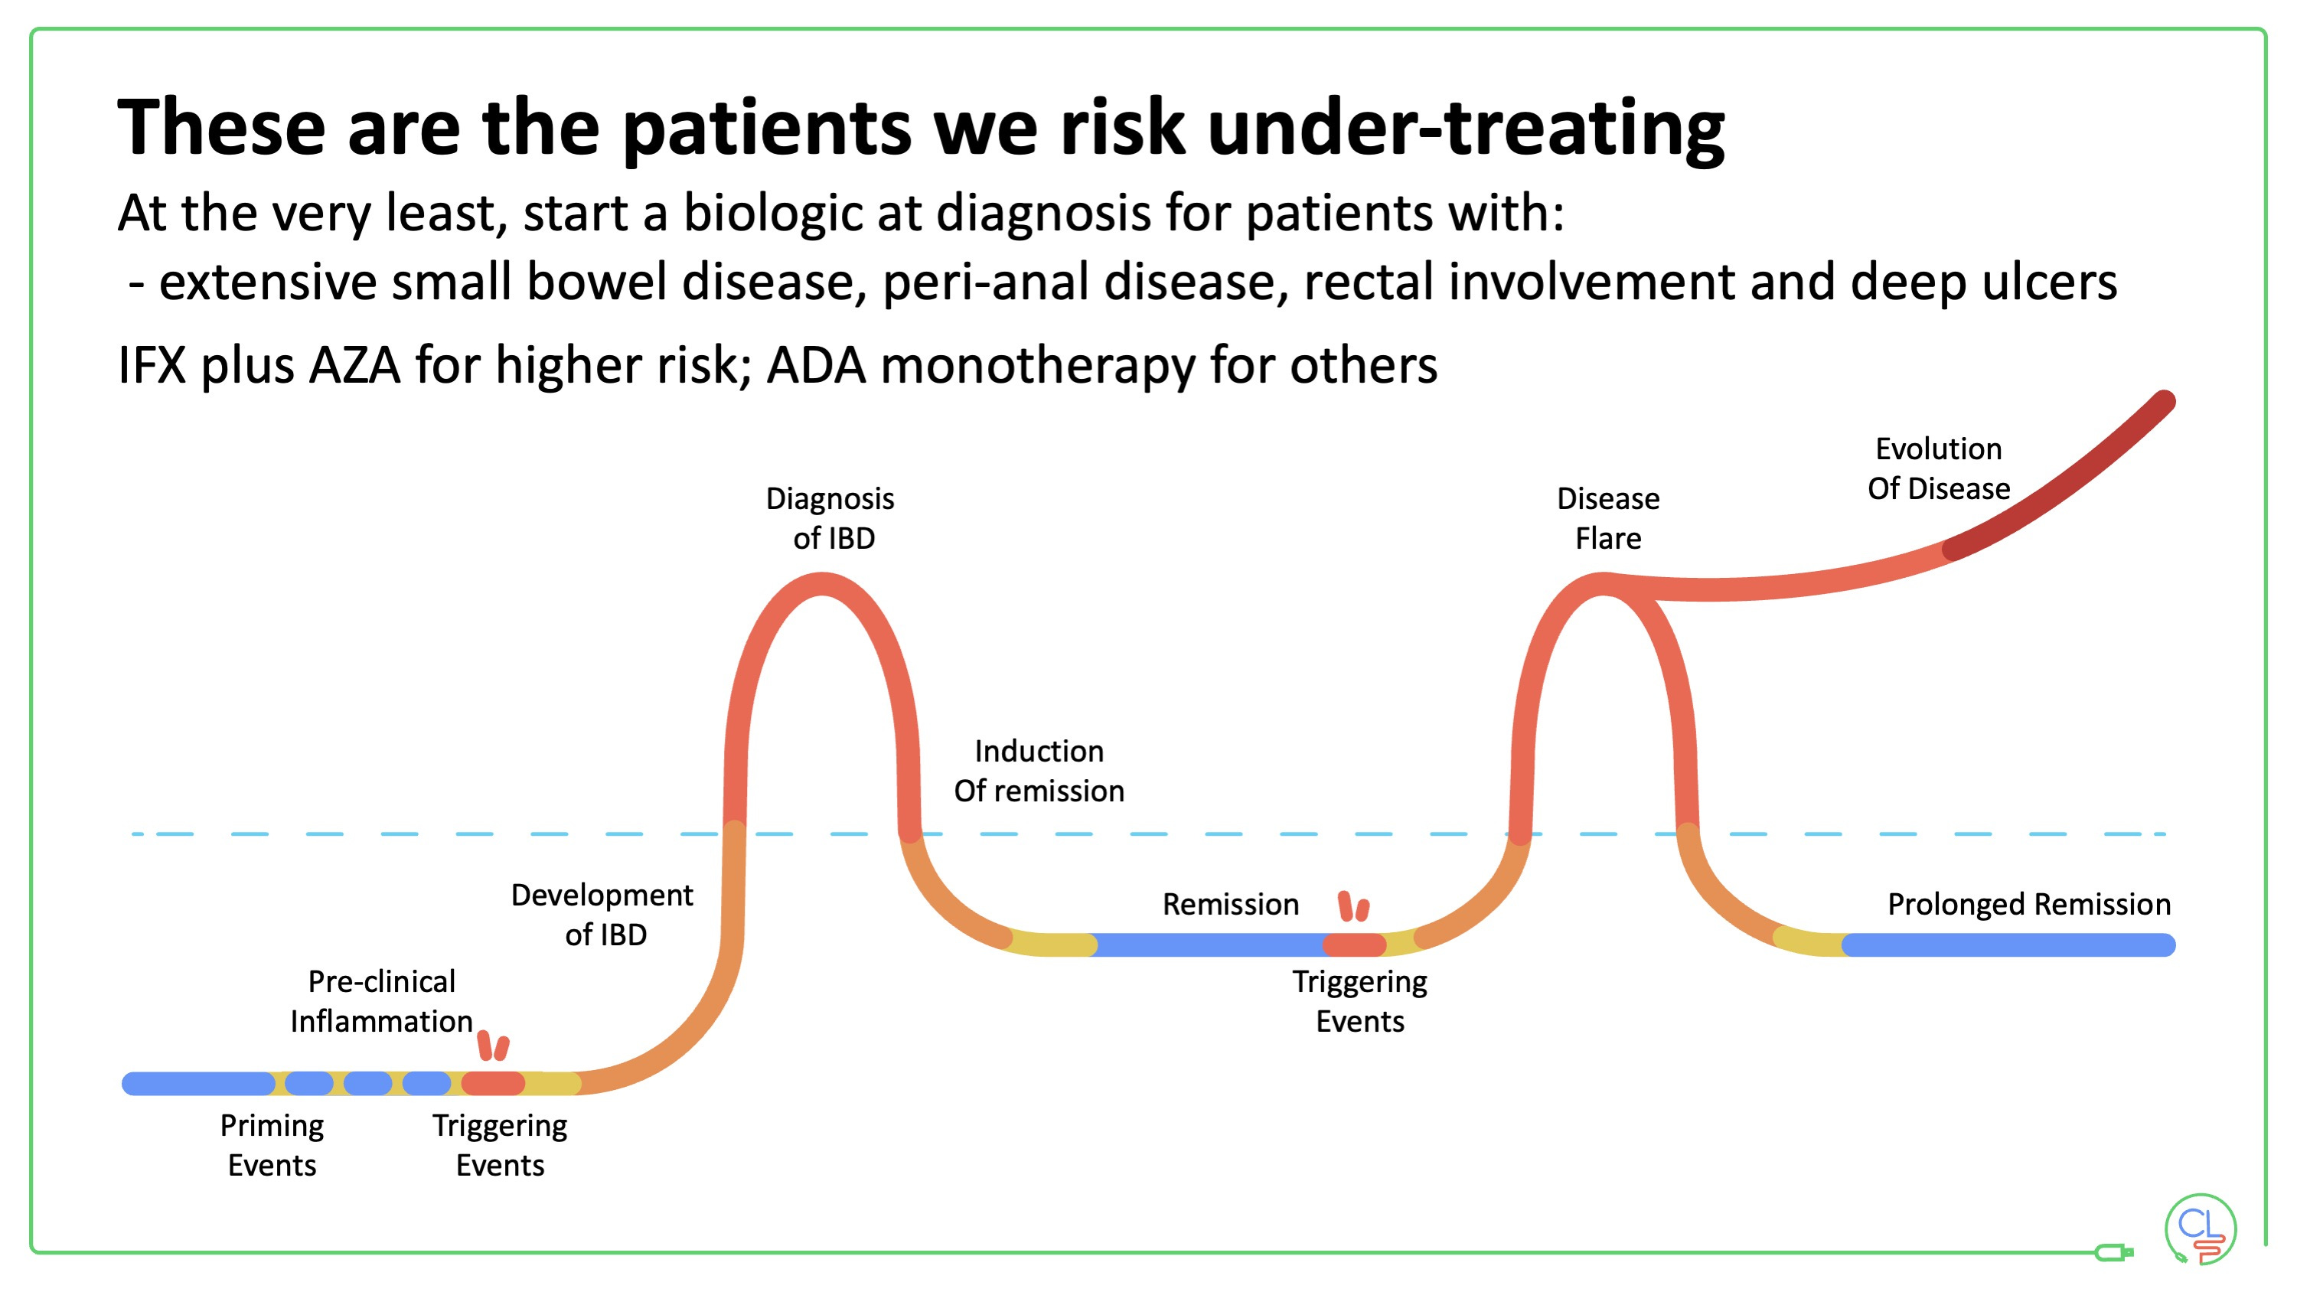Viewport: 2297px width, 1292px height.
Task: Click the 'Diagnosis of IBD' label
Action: pos(830,518)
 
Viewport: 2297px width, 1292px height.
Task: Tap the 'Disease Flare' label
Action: pos(1607,518)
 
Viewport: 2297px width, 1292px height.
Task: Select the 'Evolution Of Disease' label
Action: pos(1939,468)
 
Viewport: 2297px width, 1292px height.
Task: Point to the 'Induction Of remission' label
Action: pos(1039,771)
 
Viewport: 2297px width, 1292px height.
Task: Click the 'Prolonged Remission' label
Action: pos(2028,904)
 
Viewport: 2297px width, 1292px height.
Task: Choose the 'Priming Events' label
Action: pos(272,1145)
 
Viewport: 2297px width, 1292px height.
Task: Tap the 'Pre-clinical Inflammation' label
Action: pos(382,1000)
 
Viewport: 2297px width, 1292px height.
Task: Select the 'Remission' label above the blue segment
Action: pos(1231,904)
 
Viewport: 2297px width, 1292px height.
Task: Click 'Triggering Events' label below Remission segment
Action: pos(1360,1000)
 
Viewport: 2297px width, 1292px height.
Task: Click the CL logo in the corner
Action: pos(2200,1228)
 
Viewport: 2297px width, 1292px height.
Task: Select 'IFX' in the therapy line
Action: pos(152,366)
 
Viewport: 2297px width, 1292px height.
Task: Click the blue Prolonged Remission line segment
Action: pos(2006,945)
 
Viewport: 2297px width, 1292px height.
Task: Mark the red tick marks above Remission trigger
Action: pos(1353,906)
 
